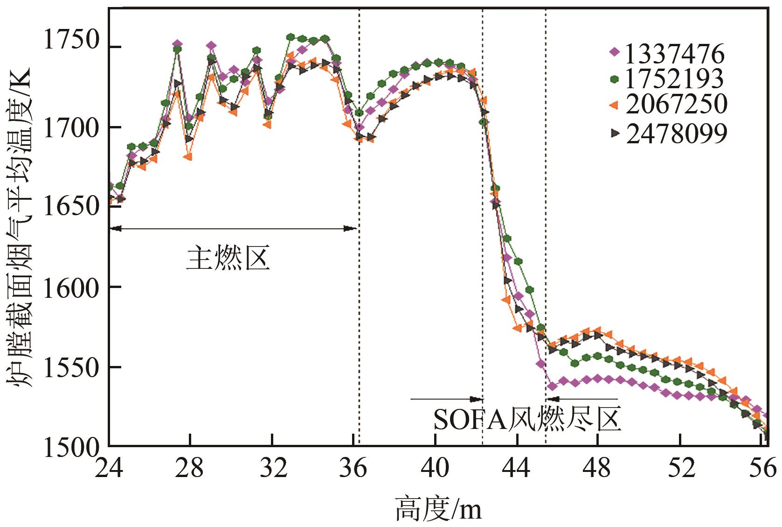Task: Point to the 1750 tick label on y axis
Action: pyautogui.click(x=71, y=41)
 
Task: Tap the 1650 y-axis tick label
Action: pyautogui.click(x=71, y=206)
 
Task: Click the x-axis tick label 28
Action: pyautogui.click(x=190, y=468)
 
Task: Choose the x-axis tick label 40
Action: pyautogui.click(x=435, y=468)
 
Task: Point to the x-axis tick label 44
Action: pyautogui.click(x=517, y=468)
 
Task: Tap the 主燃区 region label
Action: pyautogui.click(x=228, y=259)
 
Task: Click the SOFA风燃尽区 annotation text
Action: pyautogui.click(x=527, y=420)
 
